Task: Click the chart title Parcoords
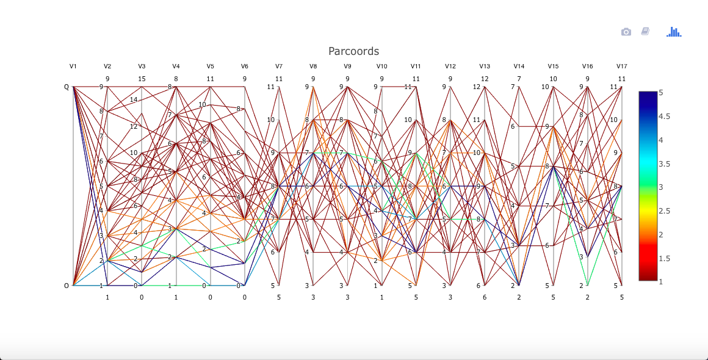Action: [x=353, y=51]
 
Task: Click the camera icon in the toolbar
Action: [x=626, y=32]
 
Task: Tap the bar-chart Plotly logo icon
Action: [x=674, y=32]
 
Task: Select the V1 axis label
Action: [x=73, y=66]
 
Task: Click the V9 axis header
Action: [x=347, y=66]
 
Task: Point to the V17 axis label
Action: [x=621, y=66]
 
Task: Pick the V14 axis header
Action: [x=519, y=66]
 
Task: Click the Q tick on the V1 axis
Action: [x=67, y=87]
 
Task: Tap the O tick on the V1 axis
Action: [x=67, y=286]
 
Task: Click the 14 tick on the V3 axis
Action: [x=134, y=100]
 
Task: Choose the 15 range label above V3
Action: [x=142, y=78]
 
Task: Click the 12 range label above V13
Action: [x=485, y=78]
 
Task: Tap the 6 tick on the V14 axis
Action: [x=513, y=126]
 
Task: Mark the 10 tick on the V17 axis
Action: [x=613, y=120]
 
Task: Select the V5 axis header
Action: [x=210, y=66]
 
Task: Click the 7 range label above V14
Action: [x=519, y=78]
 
